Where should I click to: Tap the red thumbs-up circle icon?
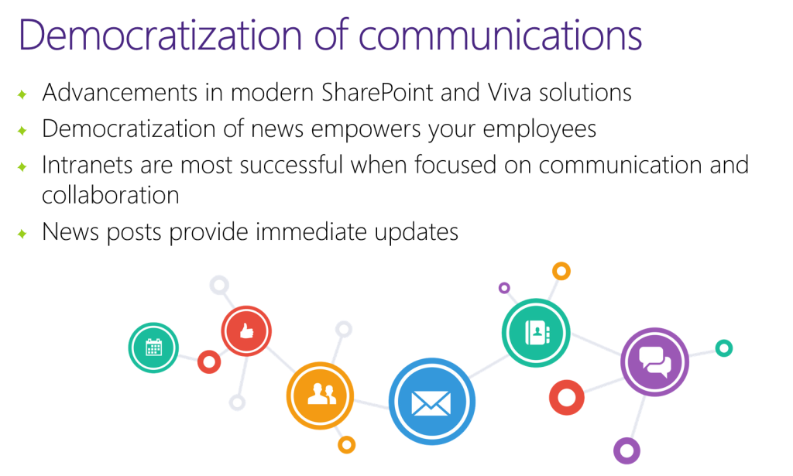(x=246, y=332)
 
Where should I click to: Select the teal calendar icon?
(x=153, y=348)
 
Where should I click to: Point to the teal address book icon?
(x=537, y=333)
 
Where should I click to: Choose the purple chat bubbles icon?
(x=654, y=361)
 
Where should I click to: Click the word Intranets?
(x=93, y=165)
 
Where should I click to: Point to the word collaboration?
(x=111, y=195)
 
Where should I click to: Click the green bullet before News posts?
(x=22, y=232)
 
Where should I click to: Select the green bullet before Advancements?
(x=22, y=94)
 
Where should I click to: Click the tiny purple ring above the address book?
(x=504, y=288)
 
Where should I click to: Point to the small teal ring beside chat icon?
(x=723, y=348)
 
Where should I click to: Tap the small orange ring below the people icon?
(x=346, y=444)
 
